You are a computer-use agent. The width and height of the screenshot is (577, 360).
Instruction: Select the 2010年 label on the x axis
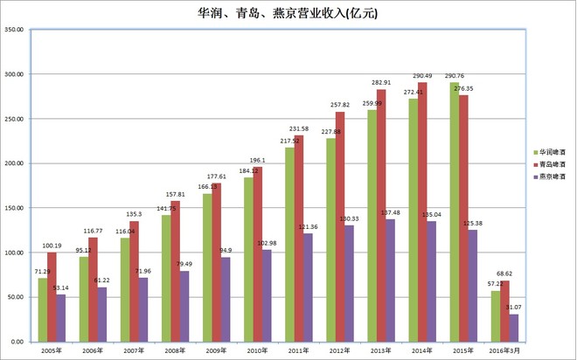pyautogui.click(x=258, y=350)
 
